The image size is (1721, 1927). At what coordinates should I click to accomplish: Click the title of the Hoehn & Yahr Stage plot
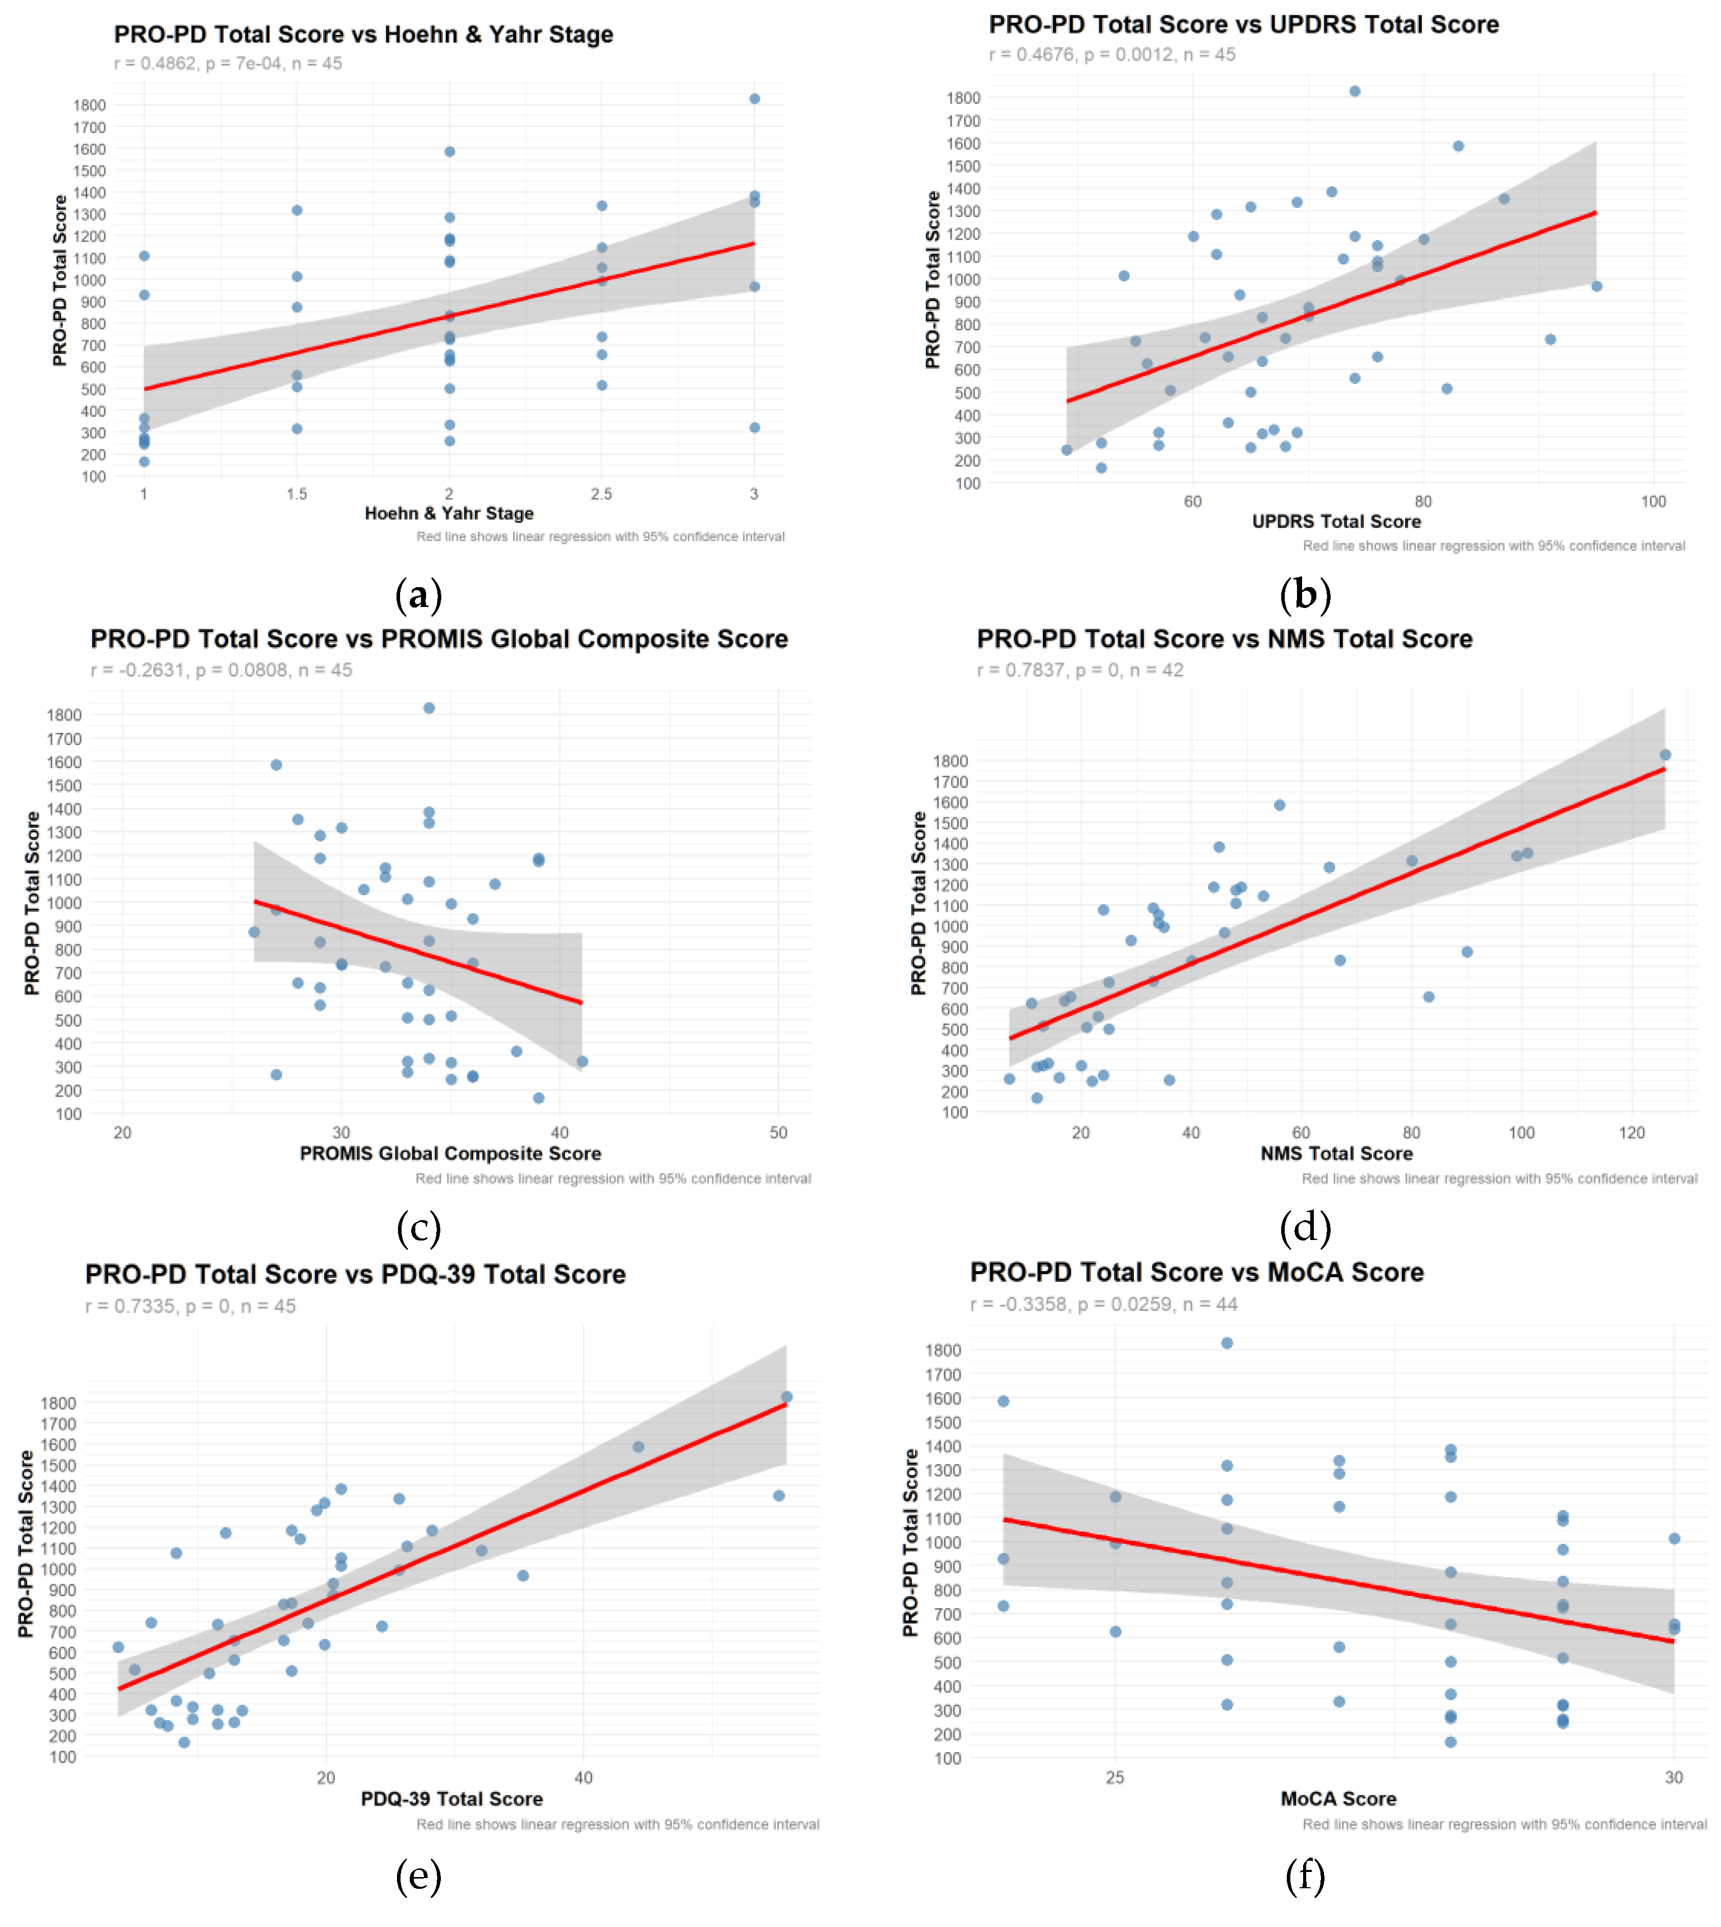click(363, 35)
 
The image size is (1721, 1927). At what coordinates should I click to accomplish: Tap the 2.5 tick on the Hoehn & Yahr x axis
click(601, 493)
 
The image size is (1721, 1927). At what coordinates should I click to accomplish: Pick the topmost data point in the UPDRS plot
click(1354, 91)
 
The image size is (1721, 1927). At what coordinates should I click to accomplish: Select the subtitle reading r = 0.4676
click(1112, 55)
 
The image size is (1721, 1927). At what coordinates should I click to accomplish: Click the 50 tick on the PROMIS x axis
click(778, 1133)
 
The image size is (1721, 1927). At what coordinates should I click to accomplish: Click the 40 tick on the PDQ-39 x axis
click(584, 1778)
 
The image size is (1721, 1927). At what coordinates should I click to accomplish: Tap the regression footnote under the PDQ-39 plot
click(618, 1824)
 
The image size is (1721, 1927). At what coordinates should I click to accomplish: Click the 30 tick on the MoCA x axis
click(1674, 1778)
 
